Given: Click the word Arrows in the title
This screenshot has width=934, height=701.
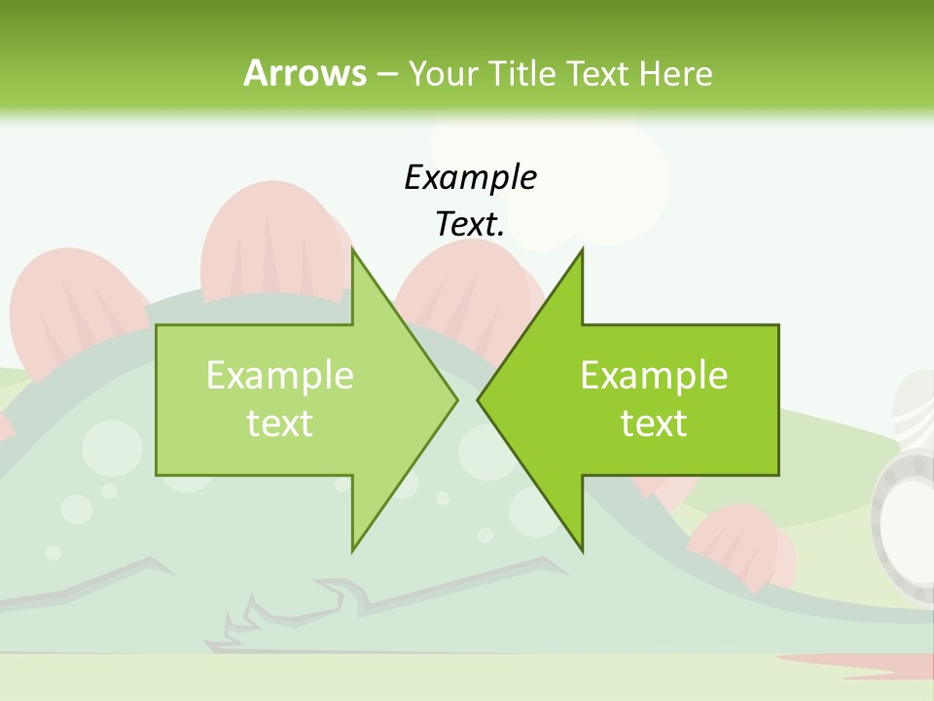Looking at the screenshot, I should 304,73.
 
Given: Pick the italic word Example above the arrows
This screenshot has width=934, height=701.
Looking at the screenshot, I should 470,177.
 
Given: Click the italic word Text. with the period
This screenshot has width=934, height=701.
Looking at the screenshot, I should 470,224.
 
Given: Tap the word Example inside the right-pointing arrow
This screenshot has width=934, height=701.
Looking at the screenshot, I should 280,376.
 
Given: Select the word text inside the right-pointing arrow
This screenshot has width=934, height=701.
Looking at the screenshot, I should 280,424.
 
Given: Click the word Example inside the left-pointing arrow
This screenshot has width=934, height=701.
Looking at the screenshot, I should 654,376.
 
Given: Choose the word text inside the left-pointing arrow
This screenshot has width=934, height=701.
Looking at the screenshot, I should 654,424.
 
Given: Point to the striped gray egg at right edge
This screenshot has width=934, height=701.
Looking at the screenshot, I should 915,409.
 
